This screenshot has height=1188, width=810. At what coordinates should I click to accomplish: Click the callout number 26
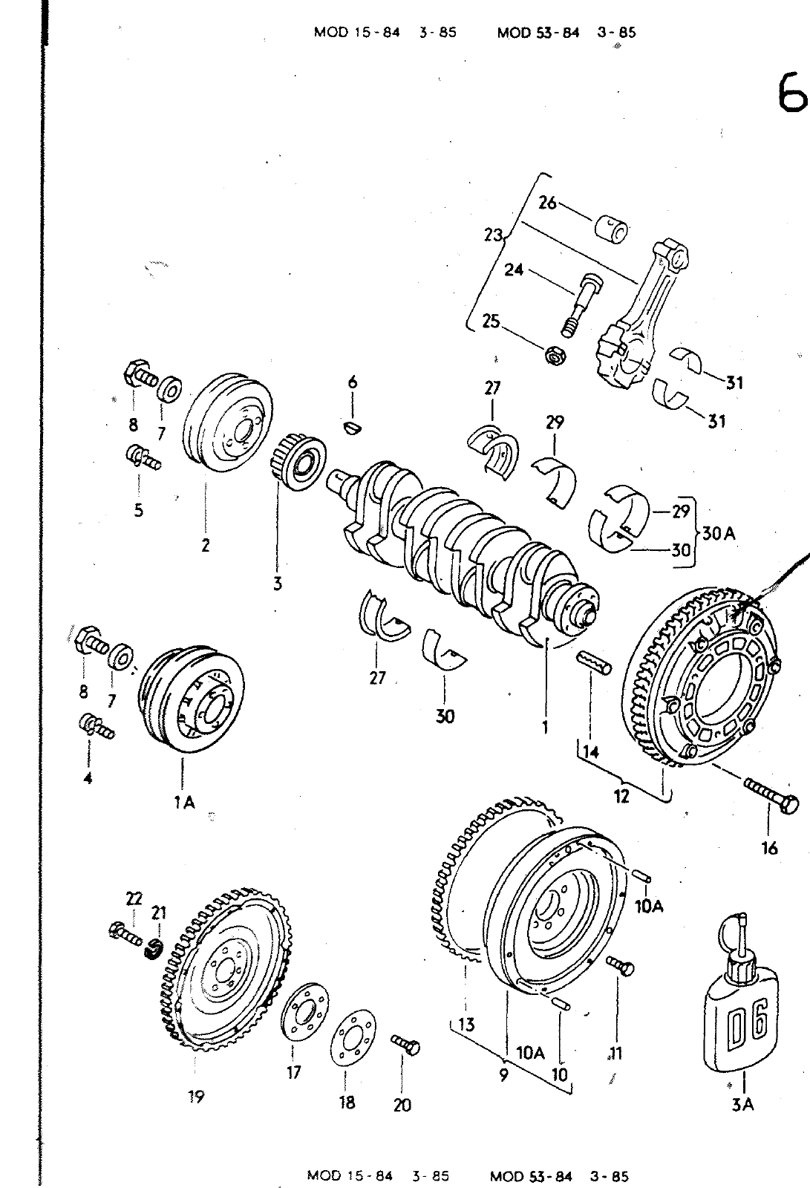point(547,203)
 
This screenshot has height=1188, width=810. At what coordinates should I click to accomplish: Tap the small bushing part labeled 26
point(610,229)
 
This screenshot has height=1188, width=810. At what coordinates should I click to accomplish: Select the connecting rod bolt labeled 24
point(581,305)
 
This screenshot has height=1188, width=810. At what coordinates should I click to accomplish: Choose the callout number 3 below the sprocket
point(278,584)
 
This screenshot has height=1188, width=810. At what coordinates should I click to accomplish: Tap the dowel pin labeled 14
point(593,663)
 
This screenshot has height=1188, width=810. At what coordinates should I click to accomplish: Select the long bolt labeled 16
point(772,794)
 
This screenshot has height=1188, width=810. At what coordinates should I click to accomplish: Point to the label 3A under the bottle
point(742,1105)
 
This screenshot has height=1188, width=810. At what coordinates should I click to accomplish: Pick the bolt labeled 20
point(405,1045)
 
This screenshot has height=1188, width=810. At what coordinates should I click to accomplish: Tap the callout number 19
point(196,1097)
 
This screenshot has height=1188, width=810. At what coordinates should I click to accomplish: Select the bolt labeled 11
point(620,965)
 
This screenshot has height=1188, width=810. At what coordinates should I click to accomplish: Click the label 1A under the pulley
point(184,803)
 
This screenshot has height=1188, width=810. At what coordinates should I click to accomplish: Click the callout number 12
point(621,796)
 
